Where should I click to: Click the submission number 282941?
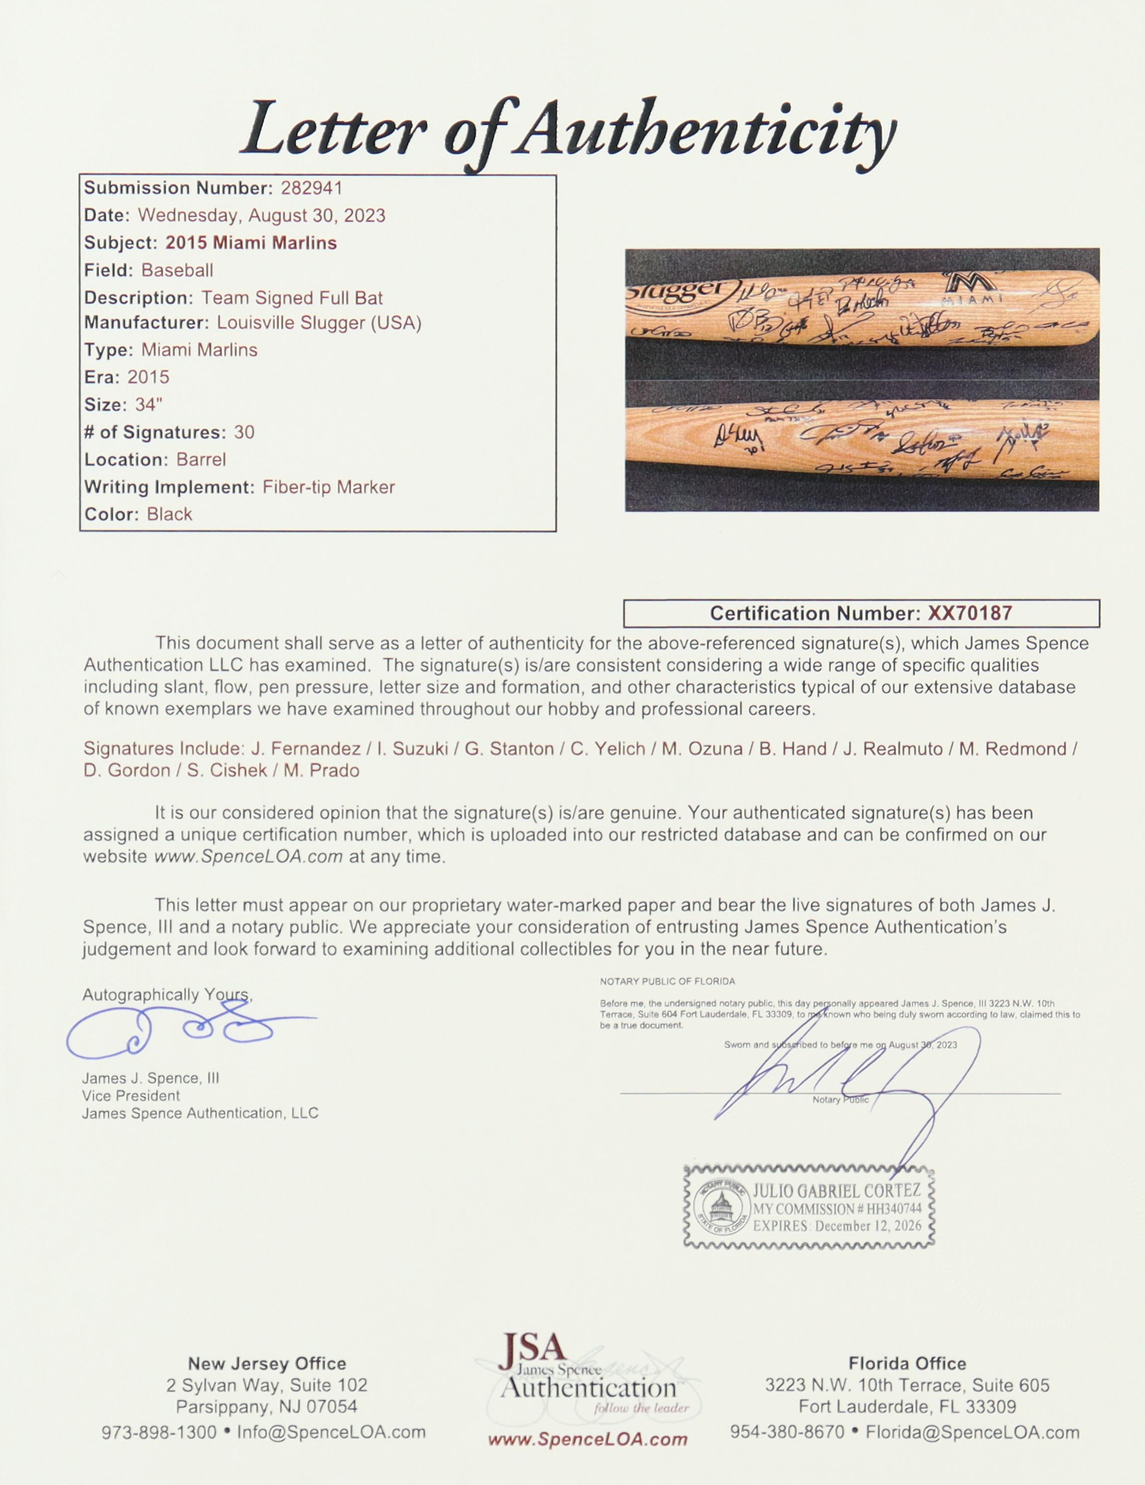(308, 188)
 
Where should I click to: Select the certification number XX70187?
(970, 613)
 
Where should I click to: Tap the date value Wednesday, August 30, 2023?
(262, 216)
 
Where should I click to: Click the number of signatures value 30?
(244, 433)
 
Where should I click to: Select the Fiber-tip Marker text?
(328, 487)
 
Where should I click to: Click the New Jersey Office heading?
(267, 1364)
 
